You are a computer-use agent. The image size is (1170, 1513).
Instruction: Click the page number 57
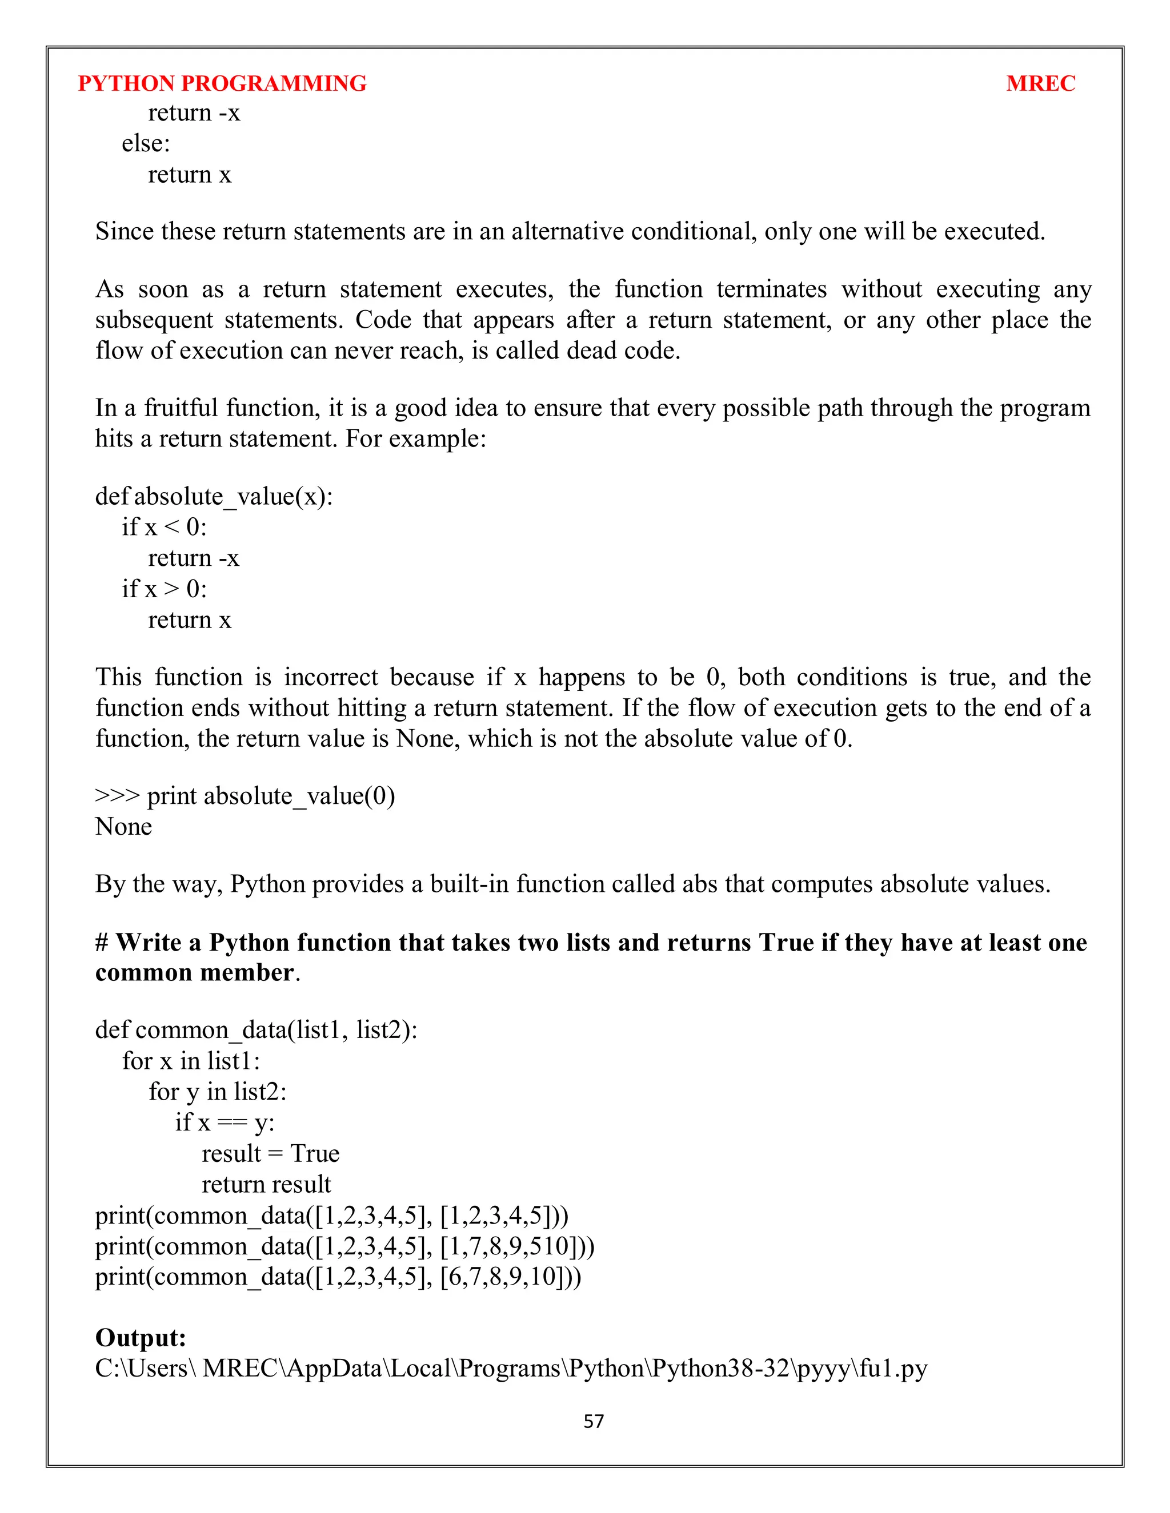click(594, 1421)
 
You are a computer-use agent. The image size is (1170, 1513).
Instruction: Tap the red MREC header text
click(1040, 84)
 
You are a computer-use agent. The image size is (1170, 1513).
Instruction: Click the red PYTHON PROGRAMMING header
click(222, 84)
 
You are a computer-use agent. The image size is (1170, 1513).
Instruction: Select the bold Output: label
click(141, 1337)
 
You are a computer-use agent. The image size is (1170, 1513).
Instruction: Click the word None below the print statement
click(123, 827)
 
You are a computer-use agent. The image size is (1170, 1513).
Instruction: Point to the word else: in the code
click(146, 143)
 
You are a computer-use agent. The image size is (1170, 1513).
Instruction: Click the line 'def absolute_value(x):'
click(214, 497)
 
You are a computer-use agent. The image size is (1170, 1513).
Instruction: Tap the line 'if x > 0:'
click(165, 589)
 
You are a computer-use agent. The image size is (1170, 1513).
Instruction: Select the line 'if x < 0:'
click(165, 527)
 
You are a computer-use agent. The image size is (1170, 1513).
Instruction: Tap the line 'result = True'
click(270, 1153)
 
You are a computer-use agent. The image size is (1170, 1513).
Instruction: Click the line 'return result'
click(266, 1185)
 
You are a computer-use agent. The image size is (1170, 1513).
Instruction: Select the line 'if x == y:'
click(225, 1122)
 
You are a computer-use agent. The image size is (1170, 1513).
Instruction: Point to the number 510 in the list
click(549, 1246)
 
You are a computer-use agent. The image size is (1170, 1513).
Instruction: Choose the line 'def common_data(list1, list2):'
click(256, 1030)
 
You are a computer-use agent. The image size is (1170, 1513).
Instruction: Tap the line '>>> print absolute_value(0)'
click(245, 796)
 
